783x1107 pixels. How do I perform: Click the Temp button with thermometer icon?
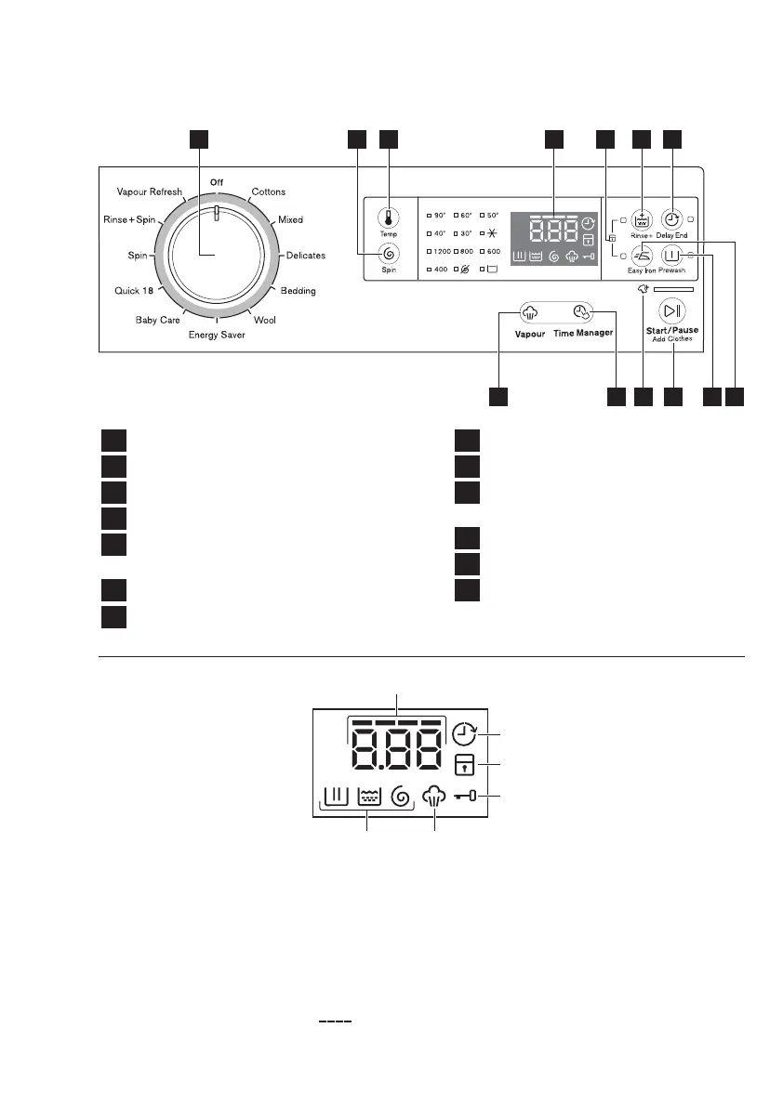tap(388, 219)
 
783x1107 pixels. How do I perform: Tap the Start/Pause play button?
tap(671, 311)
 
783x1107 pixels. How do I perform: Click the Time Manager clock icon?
tap(582, 313)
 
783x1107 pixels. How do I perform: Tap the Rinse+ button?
tap(642, 220)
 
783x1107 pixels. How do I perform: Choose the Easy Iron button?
tap(642, 256)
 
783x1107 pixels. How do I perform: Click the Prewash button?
tap(671, 256)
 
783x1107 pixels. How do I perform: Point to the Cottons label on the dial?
tap(269, 192)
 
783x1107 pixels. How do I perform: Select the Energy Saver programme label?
tap(217, 335)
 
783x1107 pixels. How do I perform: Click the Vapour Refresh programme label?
tap(150, 191)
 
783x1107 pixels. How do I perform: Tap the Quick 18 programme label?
tap(134, 291)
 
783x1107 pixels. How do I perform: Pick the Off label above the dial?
tap(217, 182)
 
